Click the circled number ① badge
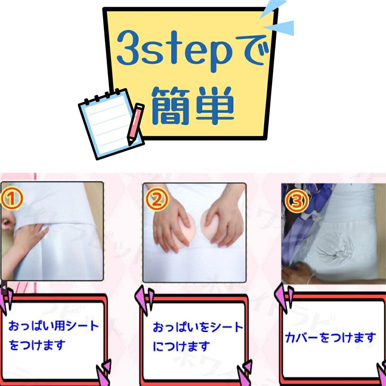(x=12, y=199)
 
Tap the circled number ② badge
(x=157, y=200)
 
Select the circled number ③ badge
(x=296, y=201)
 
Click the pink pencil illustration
(x=135, y=124)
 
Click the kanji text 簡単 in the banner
(x=193, y=106)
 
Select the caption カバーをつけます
(x=330, y=337)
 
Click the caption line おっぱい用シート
(x=54, y=326)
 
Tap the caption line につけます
(x=181, y=346)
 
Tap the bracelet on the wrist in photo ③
(x=311, y=279)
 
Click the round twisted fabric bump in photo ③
(x=335, y=249)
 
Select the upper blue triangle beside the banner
(x=273, y=8)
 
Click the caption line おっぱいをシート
(x=198, y=327)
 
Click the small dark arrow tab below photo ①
(x=4, y=288)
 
